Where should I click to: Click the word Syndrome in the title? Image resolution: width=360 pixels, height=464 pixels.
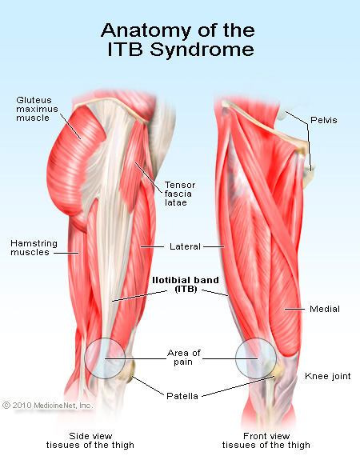(x=202, y=50)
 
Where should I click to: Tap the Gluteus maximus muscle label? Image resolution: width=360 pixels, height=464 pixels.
(x=37, y=109)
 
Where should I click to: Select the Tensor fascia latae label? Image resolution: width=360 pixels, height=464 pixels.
(x=180, y=194)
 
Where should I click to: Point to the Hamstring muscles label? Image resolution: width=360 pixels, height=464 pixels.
(x=34, y=248)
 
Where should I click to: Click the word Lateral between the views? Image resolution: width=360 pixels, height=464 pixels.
(x=185, y=246)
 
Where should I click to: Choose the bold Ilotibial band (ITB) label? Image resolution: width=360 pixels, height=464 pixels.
(x=186, y=284)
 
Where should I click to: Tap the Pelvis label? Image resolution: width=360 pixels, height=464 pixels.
(x=324, y=120)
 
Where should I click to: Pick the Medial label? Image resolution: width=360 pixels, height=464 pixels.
(x=325, y=309)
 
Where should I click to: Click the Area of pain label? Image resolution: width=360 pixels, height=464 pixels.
(x=184, y=357)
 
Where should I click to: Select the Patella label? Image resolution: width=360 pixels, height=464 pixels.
(x=182, y=396)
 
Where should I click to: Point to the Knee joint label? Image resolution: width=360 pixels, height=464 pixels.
(x=328, y=376)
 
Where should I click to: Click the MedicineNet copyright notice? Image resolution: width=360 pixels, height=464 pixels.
(x=48, y=405)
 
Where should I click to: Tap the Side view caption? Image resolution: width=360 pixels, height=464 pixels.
(x=90, y=440)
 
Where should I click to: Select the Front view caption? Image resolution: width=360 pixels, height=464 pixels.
(x=266, y=440)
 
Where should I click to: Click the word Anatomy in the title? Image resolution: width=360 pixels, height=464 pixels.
(x=146, y=30)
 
